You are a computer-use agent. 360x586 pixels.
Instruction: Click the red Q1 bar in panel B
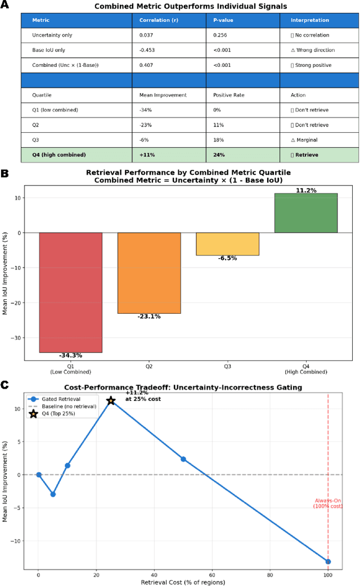(x=70, y=292)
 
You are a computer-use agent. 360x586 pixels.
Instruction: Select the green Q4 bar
(x=306, y=213)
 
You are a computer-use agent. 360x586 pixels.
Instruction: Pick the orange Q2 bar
(x=149, y=273)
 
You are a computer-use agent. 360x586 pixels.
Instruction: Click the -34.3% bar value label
(x=70, y=356)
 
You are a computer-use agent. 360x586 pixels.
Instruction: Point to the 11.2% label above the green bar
(x=306, y=190)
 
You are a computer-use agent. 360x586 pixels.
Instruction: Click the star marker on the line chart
(x=111, y=400)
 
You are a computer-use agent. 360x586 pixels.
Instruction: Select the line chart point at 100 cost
(x=328, y=561)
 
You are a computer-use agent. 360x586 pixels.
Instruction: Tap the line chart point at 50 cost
(x=183, y=459)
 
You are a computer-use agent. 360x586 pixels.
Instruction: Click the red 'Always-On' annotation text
(x=328, y=503)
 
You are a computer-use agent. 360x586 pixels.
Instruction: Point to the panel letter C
(x=4, y=385)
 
